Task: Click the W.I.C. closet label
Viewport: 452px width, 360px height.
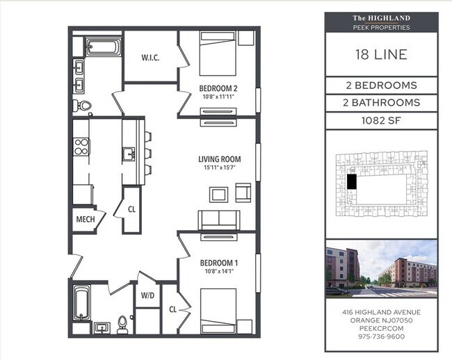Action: coord(150,58)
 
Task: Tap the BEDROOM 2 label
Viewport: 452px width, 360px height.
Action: coord(219,88)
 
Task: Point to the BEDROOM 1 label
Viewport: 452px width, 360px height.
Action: coord(219,263)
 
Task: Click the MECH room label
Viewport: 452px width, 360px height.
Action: coord(86,220)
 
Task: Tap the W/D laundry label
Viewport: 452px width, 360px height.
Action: coord(147,295)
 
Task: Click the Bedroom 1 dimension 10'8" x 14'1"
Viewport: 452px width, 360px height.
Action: coord(219,272)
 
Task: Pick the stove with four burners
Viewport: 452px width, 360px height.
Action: coord(81,147)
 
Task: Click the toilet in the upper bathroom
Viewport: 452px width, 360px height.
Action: coord(83,106)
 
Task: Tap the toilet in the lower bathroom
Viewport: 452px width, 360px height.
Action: coord(123,323)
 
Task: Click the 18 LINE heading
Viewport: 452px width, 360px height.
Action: coord(381,55)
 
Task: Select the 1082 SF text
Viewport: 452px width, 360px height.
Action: coord(381,120)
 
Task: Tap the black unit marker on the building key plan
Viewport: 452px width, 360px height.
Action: coord(351,182)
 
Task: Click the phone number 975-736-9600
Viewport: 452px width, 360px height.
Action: coord(381,336)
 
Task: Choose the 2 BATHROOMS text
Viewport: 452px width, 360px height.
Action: coord(381,102)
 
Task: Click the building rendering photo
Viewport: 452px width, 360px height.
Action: coord(381,268)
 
